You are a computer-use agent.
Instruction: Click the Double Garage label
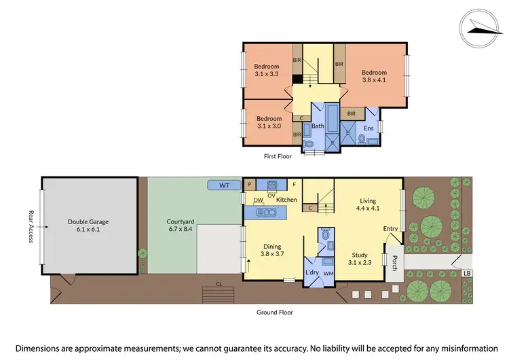pos(88,226)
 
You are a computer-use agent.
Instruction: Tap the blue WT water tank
pos(224,185)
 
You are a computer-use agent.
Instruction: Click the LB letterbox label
pos(466,273)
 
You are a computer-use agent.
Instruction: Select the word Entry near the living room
pos(391,229)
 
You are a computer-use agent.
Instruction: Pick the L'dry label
pos(312,273)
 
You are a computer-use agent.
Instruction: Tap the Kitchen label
pos(286,200)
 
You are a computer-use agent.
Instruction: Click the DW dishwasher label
pos(259,200)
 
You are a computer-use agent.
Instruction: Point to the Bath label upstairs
pos(318,126)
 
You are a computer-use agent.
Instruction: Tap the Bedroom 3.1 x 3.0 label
pos(269,123)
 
